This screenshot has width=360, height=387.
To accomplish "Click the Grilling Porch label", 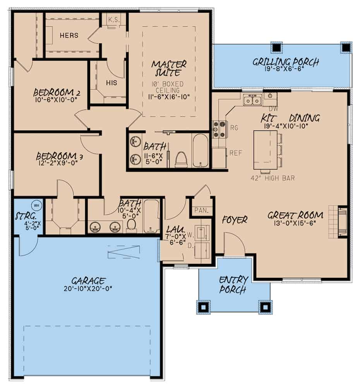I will tap(286, 62).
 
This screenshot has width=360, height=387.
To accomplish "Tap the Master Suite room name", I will tap(169, 67).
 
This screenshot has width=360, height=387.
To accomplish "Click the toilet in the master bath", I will tap(181, 159).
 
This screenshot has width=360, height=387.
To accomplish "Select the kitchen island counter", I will tap(265, 150).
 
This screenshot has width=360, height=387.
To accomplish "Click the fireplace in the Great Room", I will tap(342, 221).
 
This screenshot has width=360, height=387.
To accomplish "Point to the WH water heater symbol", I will tap(37, 205).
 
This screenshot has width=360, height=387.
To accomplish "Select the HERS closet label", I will tap(69, 36).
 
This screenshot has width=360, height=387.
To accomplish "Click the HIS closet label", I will tap(111, 82).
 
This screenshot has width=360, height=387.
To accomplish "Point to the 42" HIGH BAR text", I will tap(273, 178).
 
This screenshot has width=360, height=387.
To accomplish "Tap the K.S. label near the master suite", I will tap(112, 19).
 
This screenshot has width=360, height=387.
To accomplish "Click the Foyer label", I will tap(235, 220).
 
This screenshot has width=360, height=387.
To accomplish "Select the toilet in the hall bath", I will tap(132, 224).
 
